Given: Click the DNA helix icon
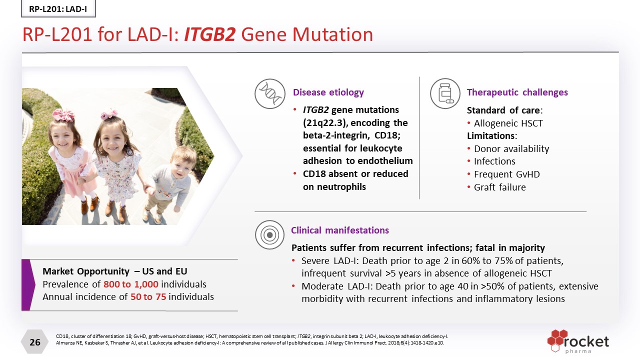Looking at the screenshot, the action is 269,93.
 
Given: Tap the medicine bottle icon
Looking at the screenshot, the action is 445,93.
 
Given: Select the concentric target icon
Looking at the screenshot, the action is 269,235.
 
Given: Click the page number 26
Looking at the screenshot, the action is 35,342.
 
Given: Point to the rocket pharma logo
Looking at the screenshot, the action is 578,341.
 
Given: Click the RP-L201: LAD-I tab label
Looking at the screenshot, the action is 58,9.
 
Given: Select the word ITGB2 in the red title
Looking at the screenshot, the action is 209,34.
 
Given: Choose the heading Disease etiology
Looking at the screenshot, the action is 328,92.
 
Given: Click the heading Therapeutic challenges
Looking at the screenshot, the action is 517,92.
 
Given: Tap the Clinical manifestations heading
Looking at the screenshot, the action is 339,230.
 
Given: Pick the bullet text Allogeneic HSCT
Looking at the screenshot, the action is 508,123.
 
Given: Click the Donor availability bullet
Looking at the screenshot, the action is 511,149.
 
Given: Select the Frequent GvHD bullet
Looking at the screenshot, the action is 507,174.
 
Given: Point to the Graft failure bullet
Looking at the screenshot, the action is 499,187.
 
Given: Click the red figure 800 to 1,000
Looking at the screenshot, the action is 131,284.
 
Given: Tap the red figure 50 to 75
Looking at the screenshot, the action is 148,297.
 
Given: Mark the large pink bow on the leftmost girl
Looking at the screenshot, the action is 63,114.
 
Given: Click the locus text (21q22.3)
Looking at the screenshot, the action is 325,123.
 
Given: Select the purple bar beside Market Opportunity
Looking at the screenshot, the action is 27,285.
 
